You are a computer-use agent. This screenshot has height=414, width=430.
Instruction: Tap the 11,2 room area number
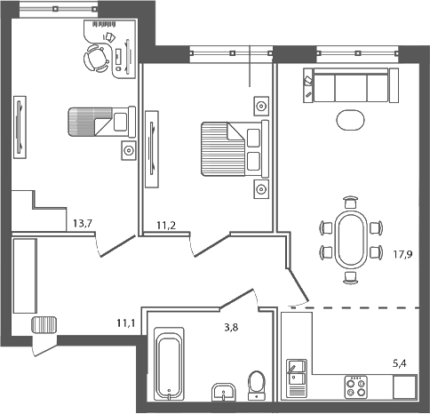coord(167,226)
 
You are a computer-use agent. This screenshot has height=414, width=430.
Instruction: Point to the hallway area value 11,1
coord(124,323)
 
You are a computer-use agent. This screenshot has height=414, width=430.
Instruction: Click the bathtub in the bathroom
coord(168,364)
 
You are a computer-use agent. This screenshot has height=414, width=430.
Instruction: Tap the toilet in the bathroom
coord(258,383)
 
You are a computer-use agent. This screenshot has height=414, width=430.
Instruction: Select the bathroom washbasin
coord(222,390)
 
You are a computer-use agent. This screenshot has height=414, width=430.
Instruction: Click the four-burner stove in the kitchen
coord(356,386)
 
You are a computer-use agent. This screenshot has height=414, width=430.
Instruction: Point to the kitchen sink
coord(295,377)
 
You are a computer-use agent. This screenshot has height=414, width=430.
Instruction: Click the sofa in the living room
coord(347,87)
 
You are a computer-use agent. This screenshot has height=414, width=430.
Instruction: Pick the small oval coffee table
coord(350,117)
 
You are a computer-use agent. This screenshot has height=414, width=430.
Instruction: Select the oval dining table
coord(350,238)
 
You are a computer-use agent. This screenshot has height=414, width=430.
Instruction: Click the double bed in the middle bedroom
coord(230,149)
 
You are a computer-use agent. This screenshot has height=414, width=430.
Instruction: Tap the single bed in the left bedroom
coord(98,121)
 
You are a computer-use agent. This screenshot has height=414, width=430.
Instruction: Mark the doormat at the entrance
coord(44,323)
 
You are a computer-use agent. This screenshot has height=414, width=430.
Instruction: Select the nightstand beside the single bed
coord(129,150)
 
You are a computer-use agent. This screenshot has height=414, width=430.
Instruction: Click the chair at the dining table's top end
coord(350,202)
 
